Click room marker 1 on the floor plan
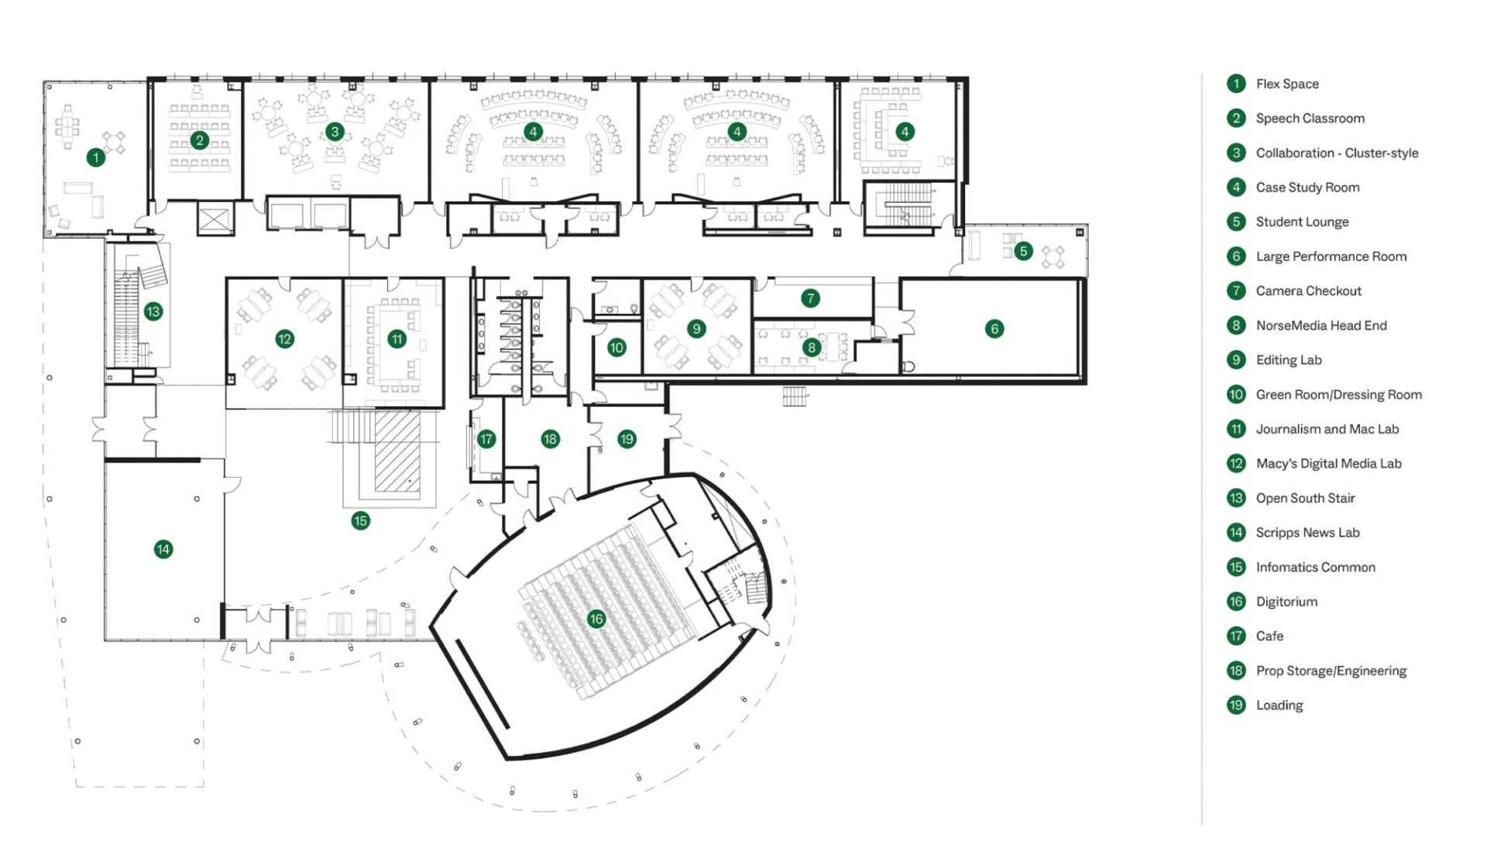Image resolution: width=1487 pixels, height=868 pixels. tap(95, 158)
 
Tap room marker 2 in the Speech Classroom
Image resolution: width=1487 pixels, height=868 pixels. tap(200, 141)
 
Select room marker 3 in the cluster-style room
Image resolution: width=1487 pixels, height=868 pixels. tap(335, 132)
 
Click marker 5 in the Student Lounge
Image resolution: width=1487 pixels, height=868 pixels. tap(1023, 251)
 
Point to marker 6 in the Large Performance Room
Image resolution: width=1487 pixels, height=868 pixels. tap(994, 329)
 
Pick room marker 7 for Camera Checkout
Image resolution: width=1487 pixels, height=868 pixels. tap(810, 298)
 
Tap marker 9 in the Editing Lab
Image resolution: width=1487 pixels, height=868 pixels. tap(696, 329)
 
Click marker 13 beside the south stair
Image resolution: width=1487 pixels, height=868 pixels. tap(153, 312)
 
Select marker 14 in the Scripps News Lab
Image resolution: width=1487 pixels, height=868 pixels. tap(163, 550)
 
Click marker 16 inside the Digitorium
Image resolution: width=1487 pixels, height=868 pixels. tap(596, 619)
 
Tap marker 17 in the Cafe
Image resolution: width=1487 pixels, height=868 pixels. tap(486, 439)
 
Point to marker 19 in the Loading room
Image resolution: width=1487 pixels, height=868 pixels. tap(626, 439)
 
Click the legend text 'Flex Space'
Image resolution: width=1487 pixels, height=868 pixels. tap(1286, 84)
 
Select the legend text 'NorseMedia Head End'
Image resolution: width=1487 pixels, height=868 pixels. tap(1320, 325)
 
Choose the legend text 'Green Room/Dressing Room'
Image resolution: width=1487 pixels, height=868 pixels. tap(1338, 394)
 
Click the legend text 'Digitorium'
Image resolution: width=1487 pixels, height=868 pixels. tap(1286, 602)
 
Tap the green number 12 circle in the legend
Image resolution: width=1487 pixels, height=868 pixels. tap(1236, 464)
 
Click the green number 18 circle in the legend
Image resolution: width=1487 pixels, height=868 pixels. tap(1236, 671)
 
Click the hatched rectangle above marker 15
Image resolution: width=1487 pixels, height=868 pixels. tap(397, 451)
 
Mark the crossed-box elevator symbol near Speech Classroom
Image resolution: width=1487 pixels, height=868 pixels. tap(215, 219)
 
